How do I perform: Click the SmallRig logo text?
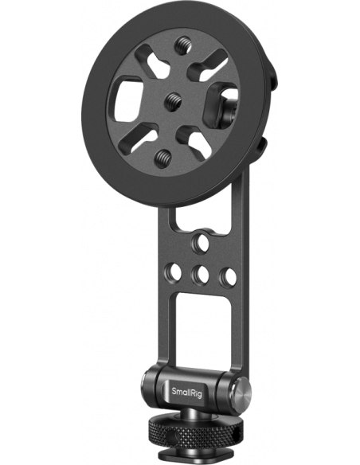click(x=187, y=391)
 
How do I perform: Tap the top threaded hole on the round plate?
click(x=181, y=45)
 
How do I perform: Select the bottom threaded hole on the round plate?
click(x=163, y=155)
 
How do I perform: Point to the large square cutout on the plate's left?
click(x=130, y=101)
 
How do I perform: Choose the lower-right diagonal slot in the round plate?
click(x=198, y=139)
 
